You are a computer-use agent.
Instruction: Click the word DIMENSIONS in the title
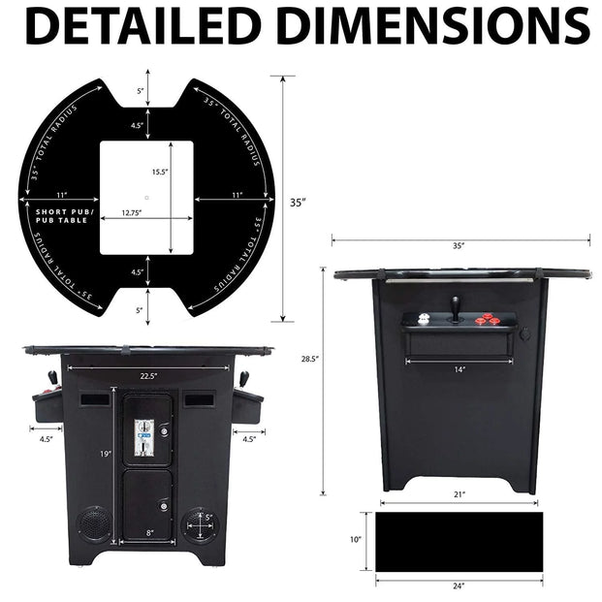coord(428,25)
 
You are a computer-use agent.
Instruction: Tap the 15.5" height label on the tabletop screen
coord(160,172)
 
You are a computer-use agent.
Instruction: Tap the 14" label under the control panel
coord(459,369)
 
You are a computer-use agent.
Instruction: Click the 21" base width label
coord(459,494)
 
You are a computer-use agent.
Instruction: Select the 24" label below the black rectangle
coord(459,586)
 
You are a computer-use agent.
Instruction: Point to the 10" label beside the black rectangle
coord(355,539)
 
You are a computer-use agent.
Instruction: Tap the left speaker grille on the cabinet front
coord(93,524)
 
